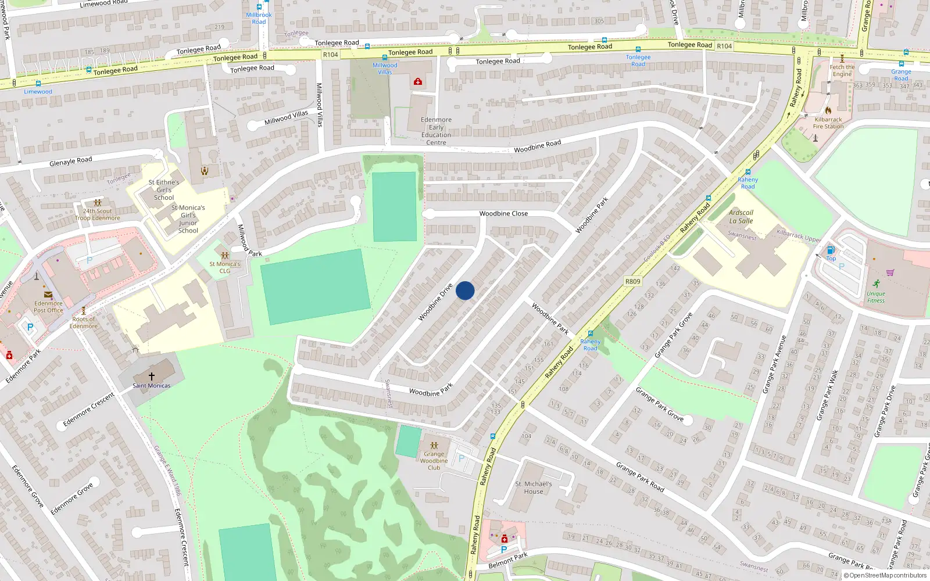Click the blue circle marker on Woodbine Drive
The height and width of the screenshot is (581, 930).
465,290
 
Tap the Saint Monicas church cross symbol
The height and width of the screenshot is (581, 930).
152,376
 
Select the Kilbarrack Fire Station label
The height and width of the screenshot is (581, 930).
828,123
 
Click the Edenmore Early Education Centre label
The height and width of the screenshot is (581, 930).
436,131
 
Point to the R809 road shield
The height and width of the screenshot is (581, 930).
633,281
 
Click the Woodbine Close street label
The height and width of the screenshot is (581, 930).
503,214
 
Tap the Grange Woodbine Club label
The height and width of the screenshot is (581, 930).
434,461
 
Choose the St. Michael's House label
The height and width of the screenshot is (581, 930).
534,487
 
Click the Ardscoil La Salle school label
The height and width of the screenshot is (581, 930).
741,217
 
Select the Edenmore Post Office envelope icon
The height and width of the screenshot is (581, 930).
48,295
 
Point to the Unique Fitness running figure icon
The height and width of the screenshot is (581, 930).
876,284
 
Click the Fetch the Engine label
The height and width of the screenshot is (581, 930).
842,70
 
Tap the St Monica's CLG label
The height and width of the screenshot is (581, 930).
225,267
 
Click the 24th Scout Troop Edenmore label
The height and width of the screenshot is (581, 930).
98,214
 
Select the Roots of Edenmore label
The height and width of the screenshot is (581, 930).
84,322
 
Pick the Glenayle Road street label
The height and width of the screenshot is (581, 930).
71,161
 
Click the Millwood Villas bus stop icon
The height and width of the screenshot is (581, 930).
385,58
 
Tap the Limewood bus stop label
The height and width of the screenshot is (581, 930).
38,92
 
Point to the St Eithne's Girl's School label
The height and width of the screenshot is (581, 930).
164,190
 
